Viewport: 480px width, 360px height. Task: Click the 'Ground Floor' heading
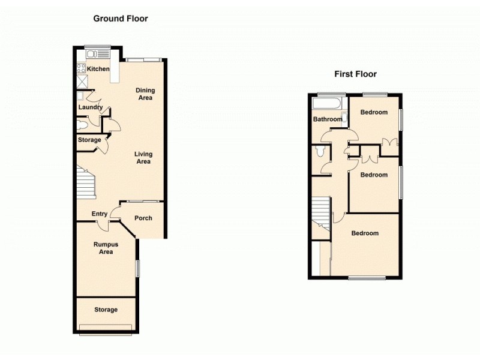pyautogui.click(x=120, y=19)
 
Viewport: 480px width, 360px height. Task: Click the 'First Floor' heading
pyautogui.click(x=355, y=74)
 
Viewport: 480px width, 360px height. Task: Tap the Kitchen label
pyautogui.click(x=98, y=69)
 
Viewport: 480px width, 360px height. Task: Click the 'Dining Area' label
pyautogui.click(x=145, y=94)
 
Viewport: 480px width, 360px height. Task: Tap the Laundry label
pyautogui.click(x=90, y=108)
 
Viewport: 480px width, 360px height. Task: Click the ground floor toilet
pyautogui.click(x=83, y=125)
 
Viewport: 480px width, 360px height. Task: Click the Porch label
pyautogui.click(x=143, y=218)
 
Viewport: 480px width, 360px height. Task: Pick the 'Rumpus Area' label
pyautogui.click(x=105, y=248)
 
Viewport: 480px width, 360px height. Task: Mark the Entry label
pyautogui.click(x=99, y=214)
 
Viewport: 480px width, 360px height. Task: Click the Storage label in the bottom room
pyautogui.click(x=106, y=310)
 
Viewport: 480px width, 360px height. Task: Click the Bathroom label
pyautogui.click(x=328, y=119)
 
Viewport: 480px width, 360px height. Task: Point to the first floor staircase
pyautogui.click(x=322, y=213)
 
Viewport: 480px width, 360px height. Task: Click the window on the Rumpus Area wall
pyautogui.click(x=137, y=268)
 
